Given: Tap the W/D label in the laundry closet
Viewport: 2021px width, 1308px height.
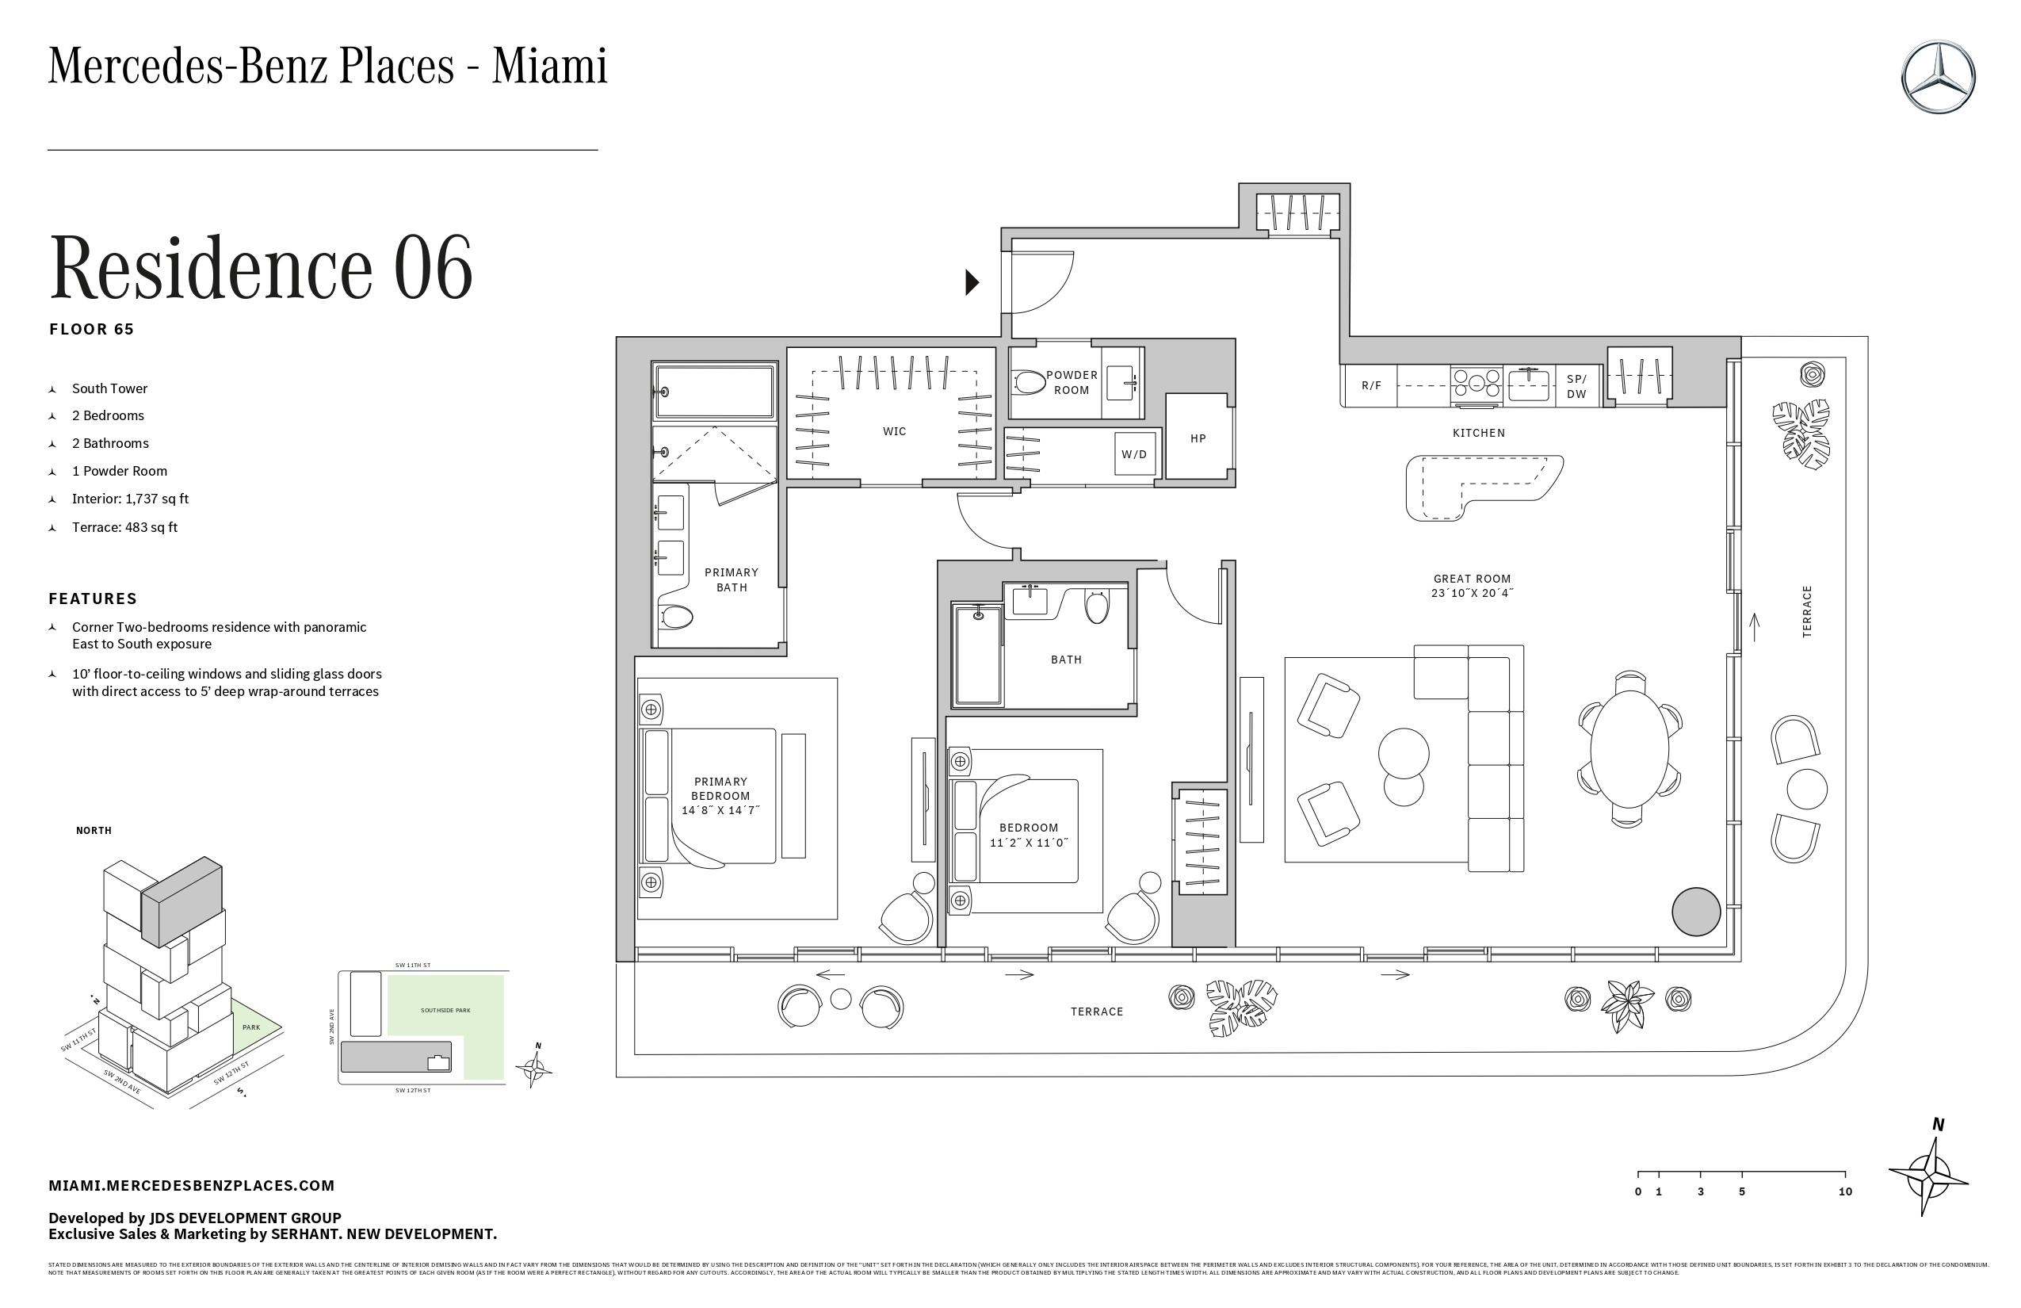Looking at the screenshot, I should point(1133,454).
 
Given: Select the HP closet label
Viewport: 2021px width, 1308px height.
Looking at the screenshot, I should point(1198,439).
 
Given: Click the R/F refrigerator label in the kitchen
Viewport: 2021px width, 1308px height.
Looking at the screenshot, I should point(1370,385).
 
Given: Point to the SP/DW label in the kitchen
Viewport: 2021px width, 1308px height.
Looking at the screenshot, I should point(1576,387).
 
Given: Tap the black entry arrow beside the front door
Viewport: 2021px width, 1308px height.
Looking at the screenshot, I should point(972,282).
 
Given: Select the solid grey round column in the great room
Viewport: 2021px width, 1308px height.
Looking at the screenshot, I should point(1696,912).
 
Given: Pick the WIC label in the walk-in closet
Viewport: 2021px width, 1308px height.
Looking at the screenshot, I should point(894,431).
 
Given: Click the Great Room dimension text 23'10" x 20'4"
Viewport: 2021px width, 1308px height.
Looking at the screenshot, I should point(1472,594).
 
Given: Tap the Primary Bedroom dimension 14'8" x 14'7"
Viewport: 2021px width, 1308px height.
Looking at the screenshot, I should point(720,811).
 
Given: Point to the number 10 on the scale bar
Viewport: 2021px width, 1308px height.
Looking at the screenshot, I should point(1844,1191).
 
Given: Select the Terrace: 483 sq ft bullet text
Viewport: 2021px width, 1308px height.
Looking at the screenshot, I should point(125,527).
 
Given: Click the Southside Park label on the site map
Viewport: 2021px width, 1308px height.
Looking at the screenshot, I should point(445,1011).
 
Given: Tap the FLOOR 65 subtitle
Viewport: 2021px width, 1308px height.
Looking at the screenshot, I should point(92,330).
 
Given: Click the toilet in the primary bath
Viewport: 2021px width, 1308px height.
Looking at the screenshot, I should point(677,617).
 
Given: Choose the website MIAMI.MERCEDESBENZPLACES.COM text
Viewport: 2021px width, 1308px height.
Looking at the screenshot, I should point(191,1186).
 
